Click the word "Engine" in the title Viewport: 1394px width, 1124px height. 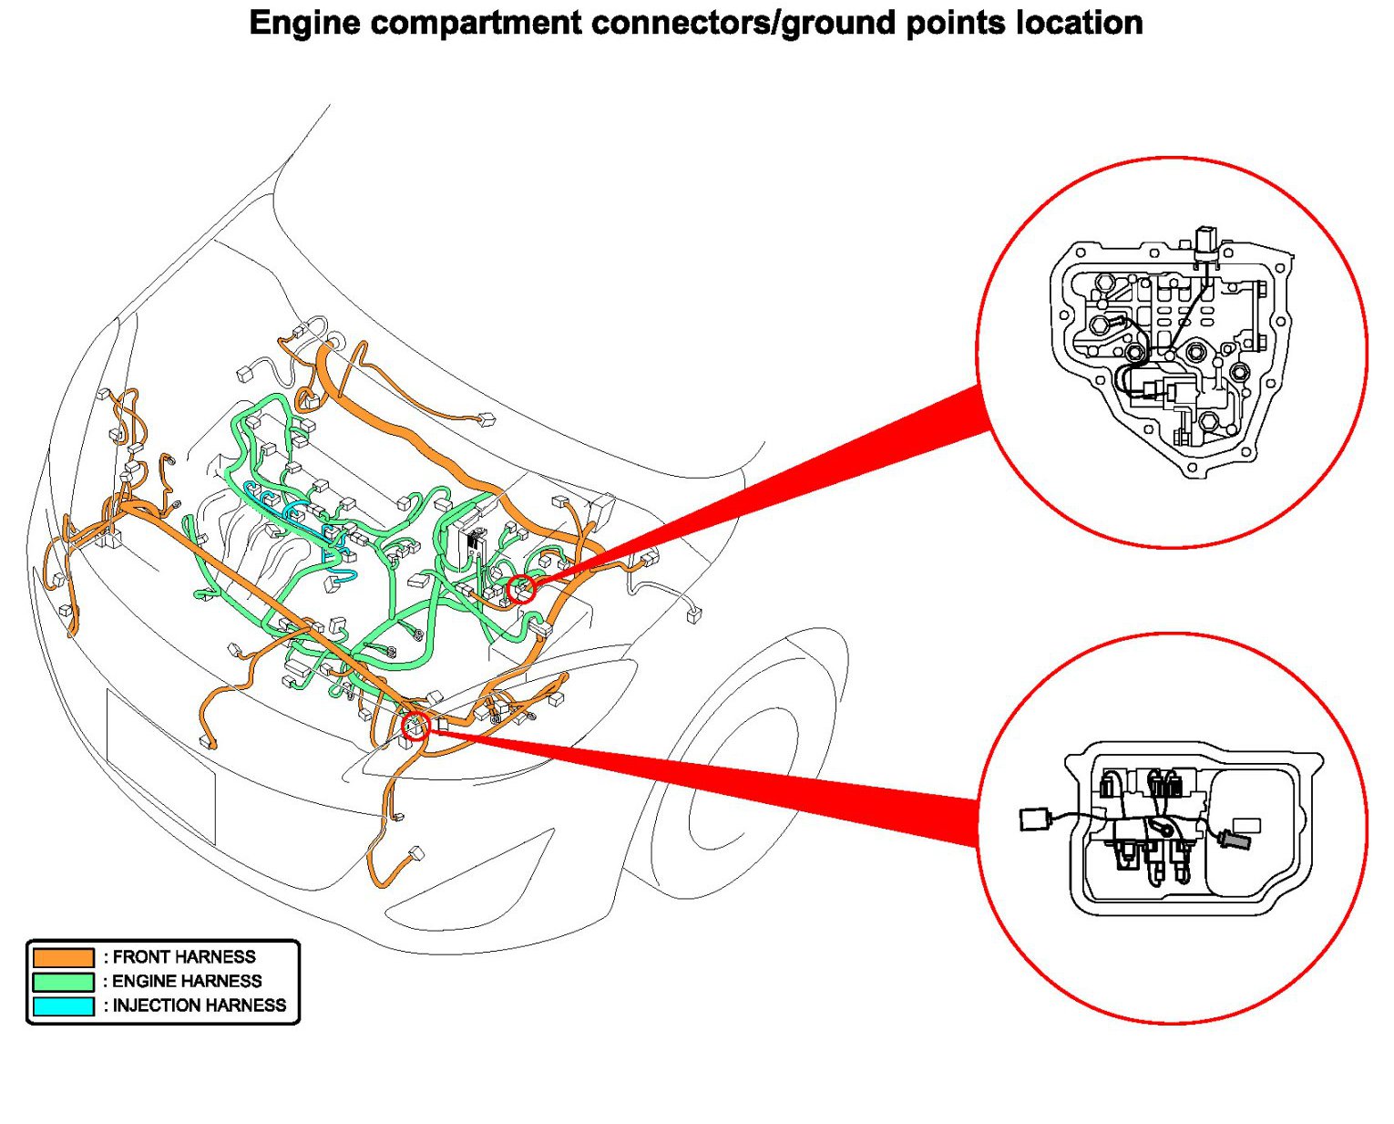pos(305,22)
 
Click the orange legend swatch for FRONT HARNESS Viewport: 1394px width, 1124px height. pos(63,957)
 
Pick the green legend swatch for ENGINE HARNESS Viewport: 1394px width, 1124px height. pos(63,982)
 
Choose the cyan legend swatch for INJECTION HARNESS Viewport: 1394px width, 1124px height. pos(63,1006)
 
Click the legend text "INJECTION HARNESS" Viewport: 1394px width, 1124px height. pos(200,1005)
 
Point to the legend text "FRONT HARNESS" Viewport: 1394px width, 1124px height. pos(184,957)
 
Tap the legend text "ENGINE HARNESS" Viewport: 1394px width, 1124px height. pos(187,982)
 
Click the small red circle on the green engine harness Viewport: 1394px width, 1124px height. pos(521,590)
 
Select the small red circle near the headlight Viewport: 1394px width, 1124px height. pos(415,727)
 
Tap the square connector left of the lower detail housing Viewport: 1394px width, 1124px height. pos(1033,819)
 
